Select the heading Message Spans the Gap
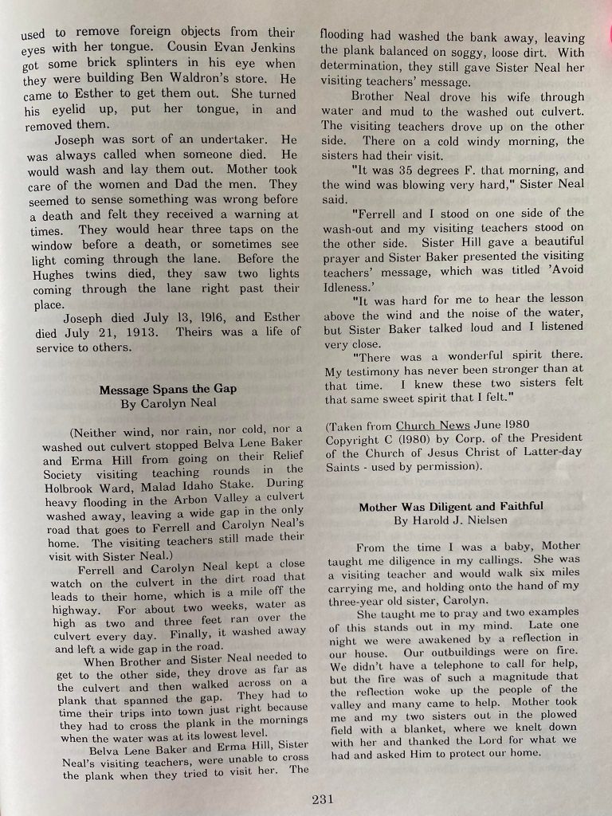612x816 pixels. click(x=167, y=390)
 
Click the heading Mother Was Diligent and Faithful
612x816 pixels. click(x=450, y=507)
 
